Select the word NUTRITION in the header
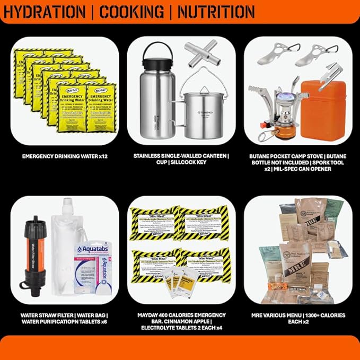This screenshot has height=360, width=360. pyautogui.click(x=216, y=11)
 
